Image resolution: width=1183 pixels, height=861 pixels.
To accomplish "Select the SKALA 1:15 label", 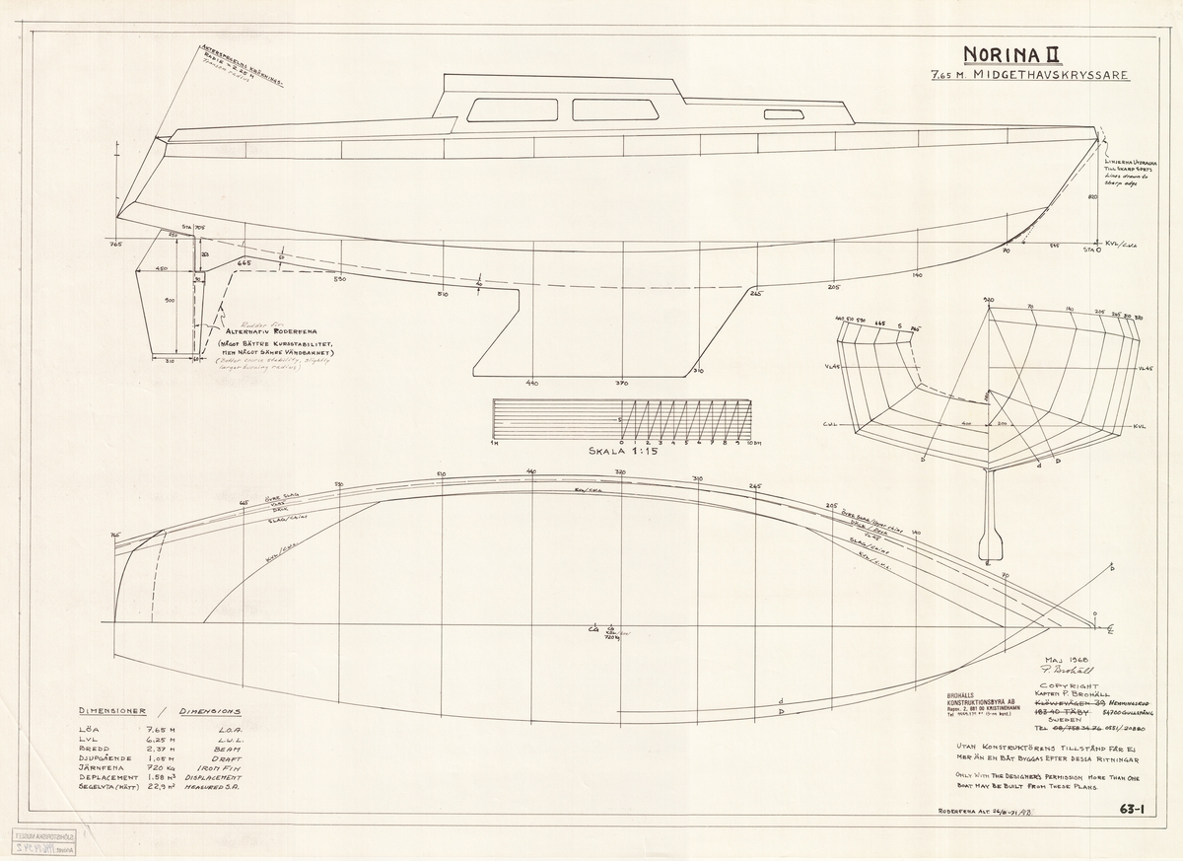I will tap(622, 453).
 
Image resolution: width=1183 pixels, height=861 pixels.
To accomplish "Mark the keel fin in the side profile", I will tap(513, 335).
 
